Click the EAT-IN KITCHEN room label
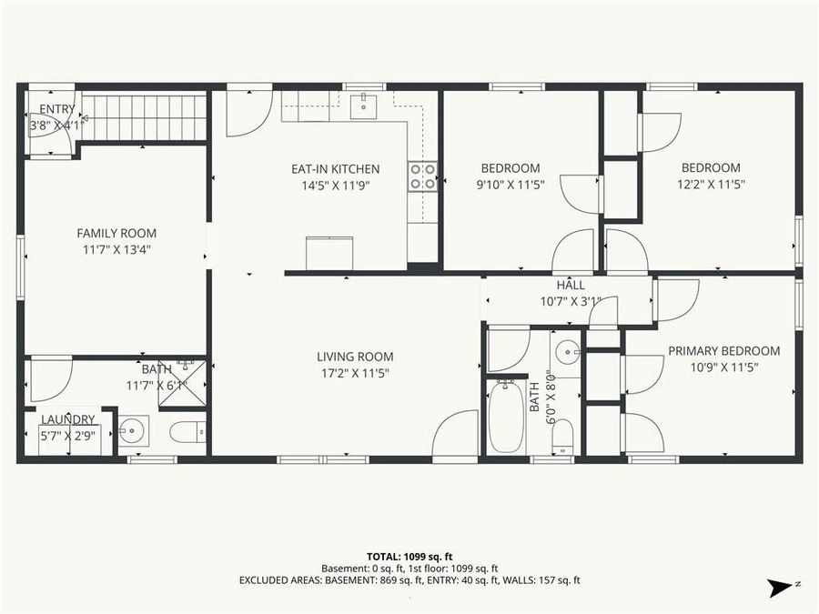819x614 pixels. (335, 169)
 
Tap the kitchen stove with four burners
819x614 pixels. (421, 176)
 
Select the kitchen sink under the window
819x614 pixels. (364, 106)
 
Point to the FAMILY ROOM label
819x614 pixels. (116, 233)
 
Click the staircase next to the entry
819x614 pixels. (146, 118)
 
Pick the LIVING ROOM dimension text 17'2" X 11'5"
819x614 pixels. (355, 373)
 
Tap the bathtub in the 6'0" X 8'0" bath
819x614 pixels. (506, 418)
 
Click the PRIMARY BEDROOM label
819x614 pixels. (723, 351)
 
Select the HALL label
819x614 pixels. (571, 286)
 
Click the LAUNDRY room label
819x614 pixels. (68, 419)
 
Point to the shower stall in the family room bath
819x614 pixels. (188, 383)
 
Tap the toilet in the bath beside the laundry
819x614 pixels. (187, 432)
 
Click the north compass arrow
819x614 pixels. (779, 589)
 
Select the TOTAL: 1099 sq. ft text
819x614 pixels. (409, 555)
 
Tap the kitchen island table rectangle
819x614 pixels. (329, 253)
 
